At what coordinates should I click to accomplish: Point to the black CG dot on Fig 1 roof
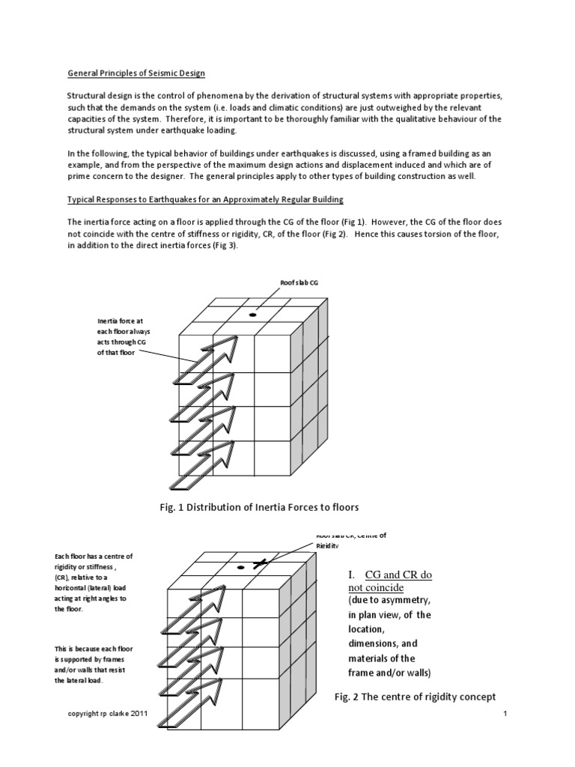point(252,315)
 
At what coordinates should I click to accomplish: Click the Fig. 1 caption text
point(259,508)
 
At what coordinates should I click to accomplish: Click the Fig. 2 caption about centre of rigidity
point(415,697)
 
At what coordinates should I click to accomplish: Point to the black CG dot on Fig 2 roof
point(241,568)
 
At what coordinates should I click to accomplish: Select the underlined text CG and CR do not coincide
point(398,581)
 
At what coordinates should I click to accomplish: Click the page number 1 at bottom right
point(505,715)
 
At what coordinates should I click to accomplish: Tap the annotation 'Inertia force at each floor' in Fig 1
point(115,336)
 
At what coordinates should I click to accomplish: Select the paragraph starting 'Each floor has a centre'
point(93,582)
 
